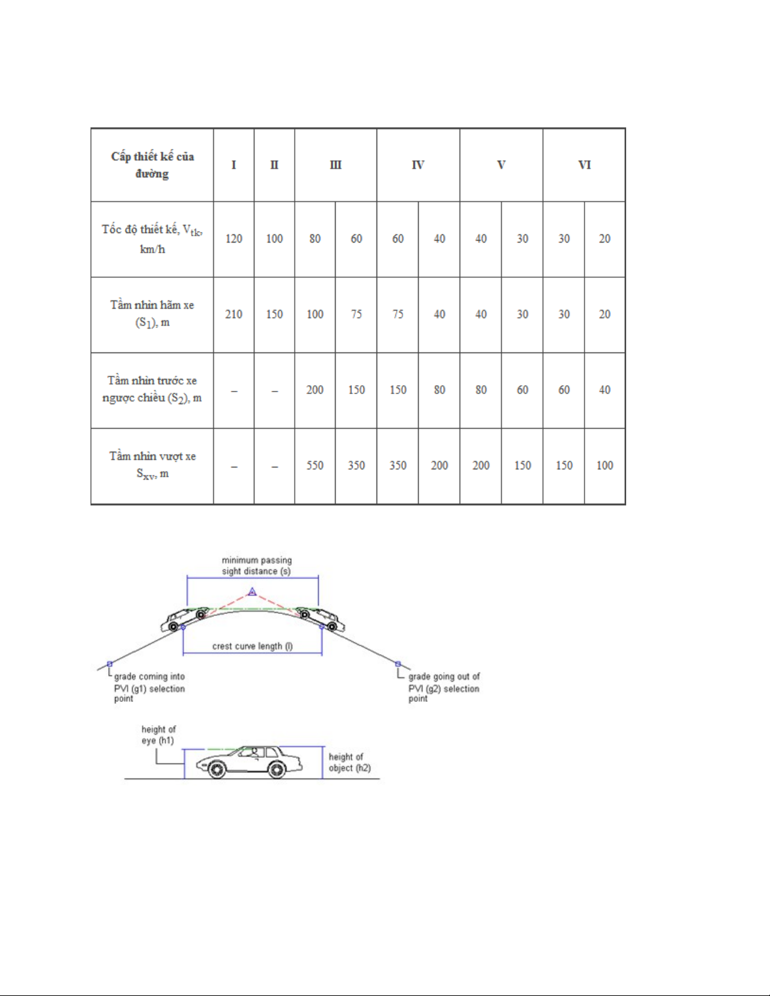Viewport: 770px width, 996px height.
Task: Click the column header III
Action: tap(336, 165)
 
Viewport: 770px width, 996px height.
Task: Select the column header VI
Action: tap(585, 165)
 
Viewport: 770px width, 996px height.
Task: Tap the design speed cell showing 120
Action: tap(234, 239)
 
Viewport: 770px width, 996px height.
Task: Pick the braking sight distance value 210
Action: tap(234, 314)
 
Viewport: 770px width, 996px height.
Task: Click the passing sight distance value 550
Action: tap(315, 466)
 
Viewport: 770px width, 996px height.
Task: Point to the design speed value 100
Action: tap(275, 239)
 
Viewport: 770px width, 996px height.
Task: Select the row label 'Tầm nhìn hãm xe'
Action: tap(152, 305)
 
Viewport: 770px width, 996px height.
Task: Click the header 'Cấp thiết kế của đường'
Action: tap(152, 165)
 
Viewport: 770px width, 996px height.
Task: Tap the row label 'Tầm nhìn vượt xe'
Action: tap(152, 456)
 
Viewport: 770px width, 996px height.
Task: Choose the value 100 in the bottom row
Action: tap(605, 466)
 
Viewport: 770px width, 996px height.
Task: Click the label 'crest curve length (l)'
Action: tap(253, 646)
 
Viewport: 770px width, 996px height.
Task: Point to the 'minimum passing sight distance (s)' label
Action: tap(256, 566)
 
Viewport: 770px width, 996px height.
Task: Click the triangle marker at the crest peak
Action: tap(252, 592)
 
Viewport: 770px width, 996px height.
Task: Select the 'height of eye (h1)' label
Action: tap(158, 735)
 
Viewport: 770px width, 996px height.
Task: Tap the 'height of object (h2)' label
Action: tap(349, 762)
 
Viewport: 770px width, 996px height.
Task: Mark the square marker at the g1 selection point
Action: tap(109, 664)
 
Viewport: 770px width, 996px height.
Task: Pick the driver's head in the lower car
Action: tap(255, 751)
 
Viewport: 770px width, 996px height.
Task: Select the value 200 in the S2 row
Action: tap(315, 390)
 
